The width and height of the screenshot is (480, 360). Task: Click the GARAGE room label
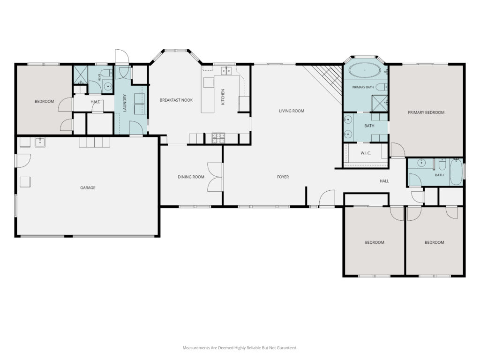(x=88, y=187)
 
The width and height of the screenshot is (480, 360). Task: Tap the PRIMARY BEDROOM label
(x=426, y=112)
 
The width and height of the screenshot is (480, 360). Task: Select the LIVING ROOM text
(x=292, y=111)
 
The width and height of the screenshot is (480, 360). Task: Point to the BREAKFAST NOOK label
(x=176, y=100)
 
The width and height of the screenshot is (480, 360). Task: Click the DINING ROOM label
(x=191, y=177)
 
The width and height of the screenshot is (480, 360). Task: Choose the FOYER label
(x=283, y=177)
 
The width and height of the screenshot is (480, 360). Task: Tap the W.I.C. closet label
(x=366, y=153)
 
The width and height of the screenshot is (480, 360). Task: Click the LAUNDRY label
(x=125, y=103)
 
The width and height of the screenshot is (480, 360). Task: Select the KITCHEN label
(x=223, y=97)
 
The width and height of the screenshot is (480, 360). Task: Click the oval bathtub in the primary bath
(x=365, y=70)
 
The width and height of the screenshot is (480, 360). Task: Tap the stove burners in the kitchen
(x=218, y=138)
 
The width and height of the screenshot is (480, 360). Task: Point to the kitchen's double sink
(x=226, y=71)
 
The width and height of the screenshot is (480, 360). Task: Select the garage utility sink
(x=40, y=142)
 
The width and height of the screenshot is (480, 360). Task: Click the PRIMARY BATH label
(x=363, y=87)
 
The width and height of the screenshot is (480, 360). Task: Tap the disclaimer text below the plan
(x=240, y=348)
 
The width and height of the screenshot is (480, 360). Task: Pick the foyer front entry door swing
(x=327, y=198)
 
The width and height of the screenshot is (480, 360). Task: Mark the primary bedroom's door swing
(x=397, y=150)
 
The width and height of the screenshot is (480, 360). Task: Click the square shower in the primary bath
(x=380, y=102)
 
